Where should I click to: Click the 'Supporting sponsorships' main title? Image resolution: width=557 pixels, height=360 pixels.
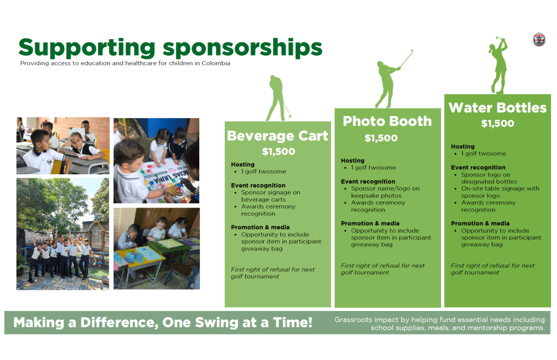(170, 48)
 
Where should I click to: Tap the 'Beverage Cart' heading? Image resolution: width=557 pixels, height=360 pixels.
(278, 136)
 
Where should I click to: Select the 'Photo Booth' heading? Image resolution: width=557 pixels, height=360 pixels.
(387, 121)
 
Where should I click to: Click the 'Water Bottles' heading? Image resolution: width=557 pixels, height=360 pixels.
(497, 107)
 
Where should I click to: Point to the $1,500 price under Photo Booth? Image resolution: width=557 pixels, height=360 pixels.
(381, 138)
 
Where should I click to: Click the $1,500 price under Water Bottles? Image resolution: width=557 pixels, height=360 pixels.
(497, 123)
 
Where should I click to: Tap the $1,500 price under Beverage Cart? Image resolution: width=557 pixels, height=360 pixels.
(279, 152)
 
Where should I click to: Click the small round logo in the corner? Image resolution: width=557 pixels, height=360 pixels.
(539, 39)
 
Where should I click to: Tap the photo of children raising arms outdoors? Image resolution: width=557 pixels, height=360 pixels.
(63, 234)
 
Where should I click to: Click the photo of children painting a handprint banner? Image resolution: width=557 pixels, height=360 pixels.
(156, 161)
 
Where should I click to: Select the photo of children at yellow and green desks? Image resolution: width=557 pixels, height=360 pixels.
(157, 248)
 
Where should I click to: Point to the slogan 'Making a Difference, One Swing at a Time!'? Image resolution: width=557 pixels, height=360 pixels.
(163, 322)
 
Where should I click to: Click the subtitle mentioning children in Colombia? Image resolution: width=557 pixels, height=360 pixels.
(125, 63)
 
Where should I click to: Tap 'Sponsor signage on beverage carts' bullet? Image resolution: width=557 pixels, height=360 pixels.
(270, 196)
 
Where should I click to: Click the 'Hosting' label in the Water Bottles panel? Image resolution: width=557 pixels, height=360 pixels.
(462, 147)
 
